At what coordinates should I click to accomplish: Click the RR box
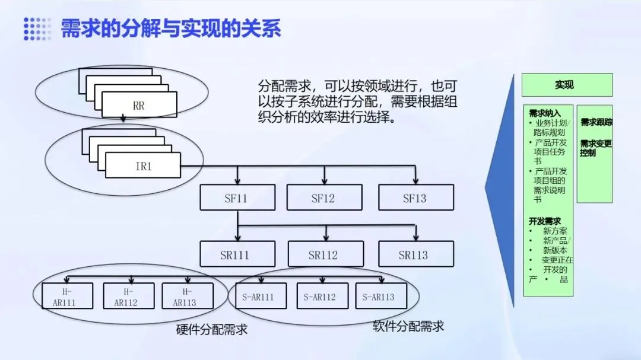click(139, 106)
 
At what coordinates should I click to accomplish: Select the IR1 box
click(143, 165)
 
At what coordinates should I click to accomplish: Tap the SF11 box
click(237, 197)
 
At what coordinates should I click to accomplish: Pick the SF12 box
click(324, 197)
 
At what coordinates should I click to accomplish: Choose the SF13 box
click(415, 197)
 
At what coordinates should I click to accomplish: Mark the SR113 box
click(415, 254)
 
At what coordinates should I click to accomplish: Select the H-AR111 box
click(68, 296)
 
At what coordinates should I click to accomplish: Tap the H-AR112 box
click(129, 296)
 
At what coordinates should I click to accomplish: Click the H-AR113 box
click(187, 296)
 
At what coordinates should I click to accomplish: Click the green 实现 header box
click(566, 85)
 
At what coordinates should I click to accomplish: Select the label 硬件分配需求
click(212, 330)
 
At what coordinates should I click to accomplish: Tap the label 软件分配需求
click(408, 326)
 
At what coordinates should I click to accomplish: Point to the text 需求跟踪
click(596, 123)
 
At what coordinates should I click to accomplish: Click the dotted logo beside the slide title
click(37, 28)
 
